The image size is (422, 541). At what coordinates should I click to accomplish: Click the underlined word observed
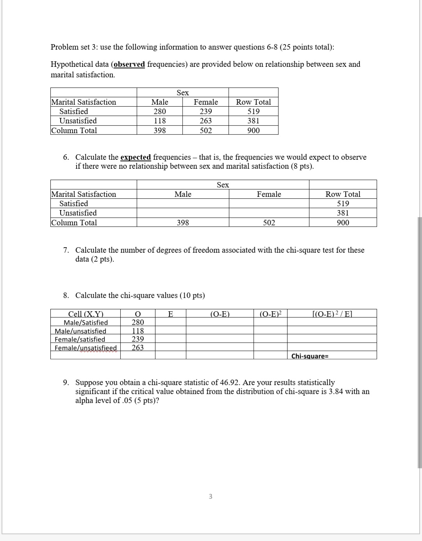[129, 64]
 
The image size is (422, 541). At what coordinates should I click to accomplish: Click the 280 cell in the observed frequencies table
[159, 111]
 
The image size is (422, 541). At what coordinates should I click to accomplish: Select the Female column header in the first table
[206, 102]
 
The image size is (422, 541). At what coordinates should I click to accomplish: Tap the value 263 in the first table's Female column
[206, 121]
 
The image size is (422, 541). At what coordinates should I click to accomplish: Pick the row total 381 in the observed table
[253, 121]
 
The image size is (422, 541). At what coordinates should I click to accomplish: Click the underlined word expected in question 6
[136, 157]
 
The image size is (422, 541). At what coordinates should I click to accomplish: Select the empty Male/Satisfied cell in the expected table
[182, 204]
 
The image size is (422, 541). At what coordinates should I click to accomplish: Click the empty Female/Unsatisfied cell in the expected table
[269, 213]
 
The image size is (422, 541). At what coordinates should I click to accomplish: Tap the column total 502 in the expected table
[269, 223]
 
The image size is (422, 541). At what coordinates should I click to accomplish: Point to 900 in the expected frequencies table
[343, 223]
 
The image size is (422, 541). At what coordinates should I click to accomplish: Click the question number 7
[66, 250]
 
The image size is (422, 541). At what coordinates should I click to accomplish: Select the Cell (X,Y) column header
[86, 314]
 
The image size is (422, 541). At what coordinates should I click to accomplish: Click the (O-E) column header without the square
[220, 314]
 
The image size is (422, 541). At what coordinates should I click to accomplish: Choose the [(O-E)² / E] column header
[332, 314]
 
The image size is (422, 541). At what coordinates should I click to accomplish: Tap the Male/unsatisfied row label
[80, 331]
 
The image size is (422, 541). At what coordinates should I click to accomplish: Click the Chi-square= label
[309, 356]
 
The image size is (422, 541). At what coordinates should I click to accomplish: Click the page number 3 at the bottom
[210, 496]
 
